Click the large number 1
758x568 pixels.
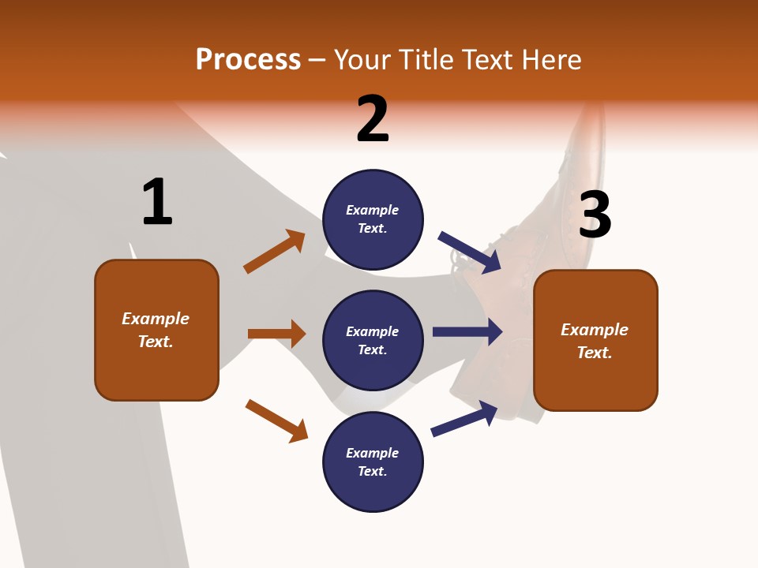tap(157, 202)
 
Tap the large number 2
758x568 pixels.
tap(373, 119)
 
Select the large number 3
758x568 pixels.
tap(595, 215)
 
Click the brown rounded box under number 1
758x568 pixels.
tap(156, 330)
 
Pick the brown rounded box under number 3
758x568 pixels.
tap(595, 341)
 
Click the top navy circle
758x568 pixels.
tap(373, 219)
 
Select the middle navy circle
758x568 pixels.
tap(373, 340)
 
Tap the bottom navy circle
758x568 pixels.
tap(373, 461)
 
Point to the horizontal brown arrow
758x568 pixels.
tap(276, 334)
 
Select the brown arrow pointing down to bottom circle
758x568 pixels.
tap(276, 420)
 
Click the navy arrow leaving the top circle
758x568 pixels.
tap(470, 252)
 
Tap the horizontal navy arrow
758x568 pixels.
tap(467, 332)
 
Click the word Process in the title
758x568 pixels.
tap(248, 60)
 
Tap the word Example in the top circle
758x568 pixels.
tap(373, 210)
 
